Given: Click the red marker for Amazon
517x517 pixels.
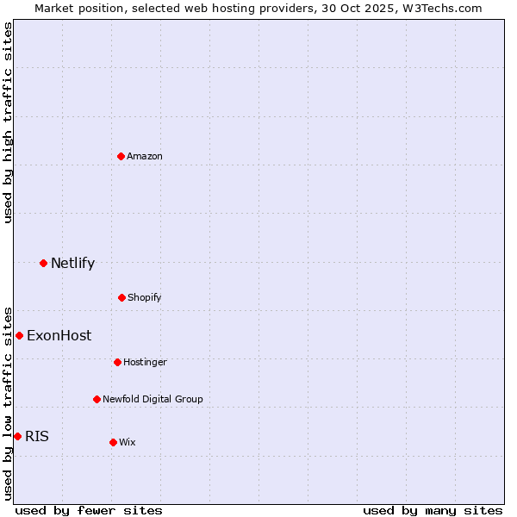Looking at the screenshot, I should pyautogui.click(x=121, y=156).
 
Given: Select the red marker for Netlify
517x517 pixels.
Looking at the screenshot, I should pyautogui.click(x=43, y=263).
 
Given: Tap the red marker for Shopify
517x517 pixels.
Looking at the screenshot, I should pyautogui.click(x=121, y=297).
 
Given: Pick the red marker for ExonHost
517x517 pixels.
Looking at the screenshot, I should pyautogui.click(x=19, y=335).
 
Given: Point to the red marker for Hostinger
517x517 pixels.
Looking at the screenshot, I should pyautogui.click(x=117, y=362).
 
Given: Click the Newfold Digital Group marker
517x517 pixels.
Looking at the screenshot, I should pyautogui.click(x=97, y=399).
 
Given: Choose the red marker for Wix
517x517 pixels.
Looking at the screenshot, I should pyautogui.click(x=113, y=442).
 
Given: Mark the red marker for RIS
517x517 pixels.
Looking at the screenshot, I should pyautogui.click(x=17, y=436).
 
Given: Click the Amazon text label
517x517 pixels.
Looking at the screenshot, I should pyautogui.click(x=145, y=156).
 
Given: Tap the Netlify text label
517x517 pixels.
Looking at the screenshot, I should pyautogui.click(x=72, y=263).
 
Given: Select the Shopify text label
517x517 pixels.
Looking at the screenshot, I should pyautogui.click(x=145, y=297).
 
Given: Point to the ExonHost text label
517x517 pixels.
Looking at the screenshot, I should pyautogui.click(x=59, y=335).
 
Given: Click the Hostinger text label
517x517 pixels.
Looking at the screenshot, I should pyautogui.click(x=145, y=362).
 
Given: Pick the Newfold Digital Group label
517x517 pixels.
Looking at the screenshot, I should pyautogui.click(x=153, y=399).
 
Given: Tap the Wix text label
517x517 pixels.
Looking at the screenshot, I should pyautogui.click(x=128, y=442).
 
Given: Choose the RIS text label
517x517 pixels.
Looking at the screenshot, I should pyautogui.click(x=37, y=436).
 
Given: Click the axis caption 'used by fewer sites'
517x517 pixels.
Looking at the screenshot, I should pyautogui.click(x=89, y=510).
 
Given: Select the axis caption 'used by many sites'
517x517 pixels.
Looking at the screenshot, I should pyautogui.click(x=433, y=510).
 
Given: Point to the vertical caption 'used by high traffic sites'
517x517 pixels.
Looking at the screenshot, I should pyautogui.click(x=8, y=122).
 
